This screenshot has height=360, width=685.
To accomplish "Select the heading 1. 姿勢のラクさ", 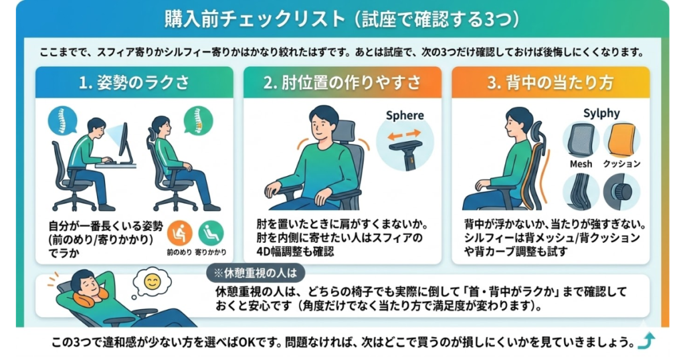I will pyautogui.click(x=134, y=82).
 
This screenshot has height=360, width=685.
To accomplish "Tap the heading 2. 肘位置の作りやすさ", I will pyautogui.click(x=342, y=82).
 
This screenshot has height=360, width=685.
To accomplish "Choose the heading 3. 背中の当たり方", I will pyautogui.click(x=550, y=82).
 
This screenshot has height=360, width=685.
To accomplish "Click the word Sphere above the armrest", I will pyautogui.click(x=405, y=115).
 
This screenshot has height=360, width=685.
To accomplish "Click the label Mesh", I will pyautogui.click(x=581, y=163).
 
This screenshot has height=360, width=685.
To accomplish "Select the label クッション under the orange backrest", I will pyautogui.click(x=621, y=163).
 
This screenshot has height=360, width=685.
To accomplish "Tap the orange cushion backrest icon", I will pyautogui.click(x=621, y=139).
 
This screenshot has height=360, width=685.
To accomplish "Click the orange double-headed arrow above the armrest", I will pyautogui.click(x=405, y=133).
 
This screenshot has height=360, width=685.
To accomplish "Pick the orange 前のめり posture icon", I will pyautogui.click(x=180, y=233).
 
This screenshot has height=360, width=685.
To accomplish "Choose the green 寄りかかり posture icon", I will pyautogui.click(x=211, y=233).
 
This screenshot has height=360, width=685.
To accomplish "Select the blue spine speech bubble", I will pyautogui.click(x=62, y=120).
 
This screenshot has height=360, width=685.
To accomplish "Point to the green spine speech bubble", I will pyautogui.click(x=198, y=120).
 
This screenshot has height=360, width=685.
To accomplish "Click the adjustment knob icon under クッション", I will pyautogui.click(x=621, y=191).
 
